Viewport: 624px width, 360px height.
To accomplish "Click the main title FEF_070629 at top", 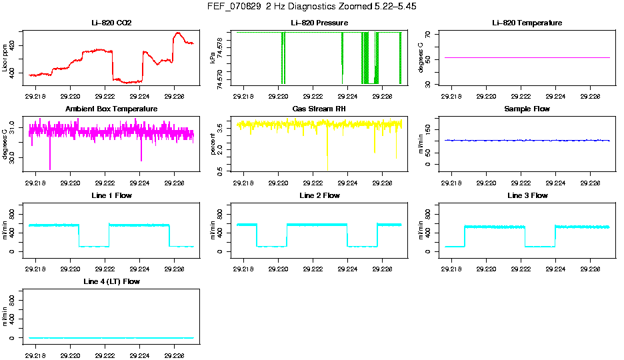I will pyautogui.click(x=312, y=7).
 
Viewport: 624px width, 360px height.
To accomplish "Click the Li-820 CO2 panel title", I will pyautogui.click(x=111, y=23).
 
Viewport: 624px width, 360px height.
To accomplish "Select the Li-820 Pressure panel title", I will pyautogui.click(x=319, y=23).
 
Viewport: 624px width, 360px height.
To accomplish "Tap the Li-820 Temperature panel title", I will pyautogui.click(x=527, y=23).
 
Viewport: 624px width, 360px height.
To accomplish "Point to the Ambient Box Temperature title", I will pyautogui.click(x=111, y=109).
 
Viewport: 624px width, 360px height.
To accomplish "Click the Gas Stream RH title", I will pyautogui.click(x=319, y=109).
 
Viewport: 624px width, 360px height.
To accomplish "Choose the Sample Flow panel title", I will pyautogui.click(x=527, y=109).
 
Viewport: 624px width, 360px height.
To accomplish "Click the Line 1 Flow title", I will pyautogui.click(x=111, y=195).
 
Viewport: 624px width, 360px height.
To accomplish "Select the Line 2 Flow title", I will pyautogui.click(x=319, y=195).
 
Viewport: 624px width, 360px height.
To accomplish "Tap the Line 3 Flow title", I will pyautogui.click(x=527, y=195).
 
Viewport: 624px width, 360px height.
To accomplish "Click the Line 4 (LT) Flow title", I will pyautogui.click(x=111, y=282).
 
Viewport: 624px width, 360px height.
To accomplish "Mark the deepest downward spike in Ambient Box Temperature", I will pyautogui.click(x=49, y=169).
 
